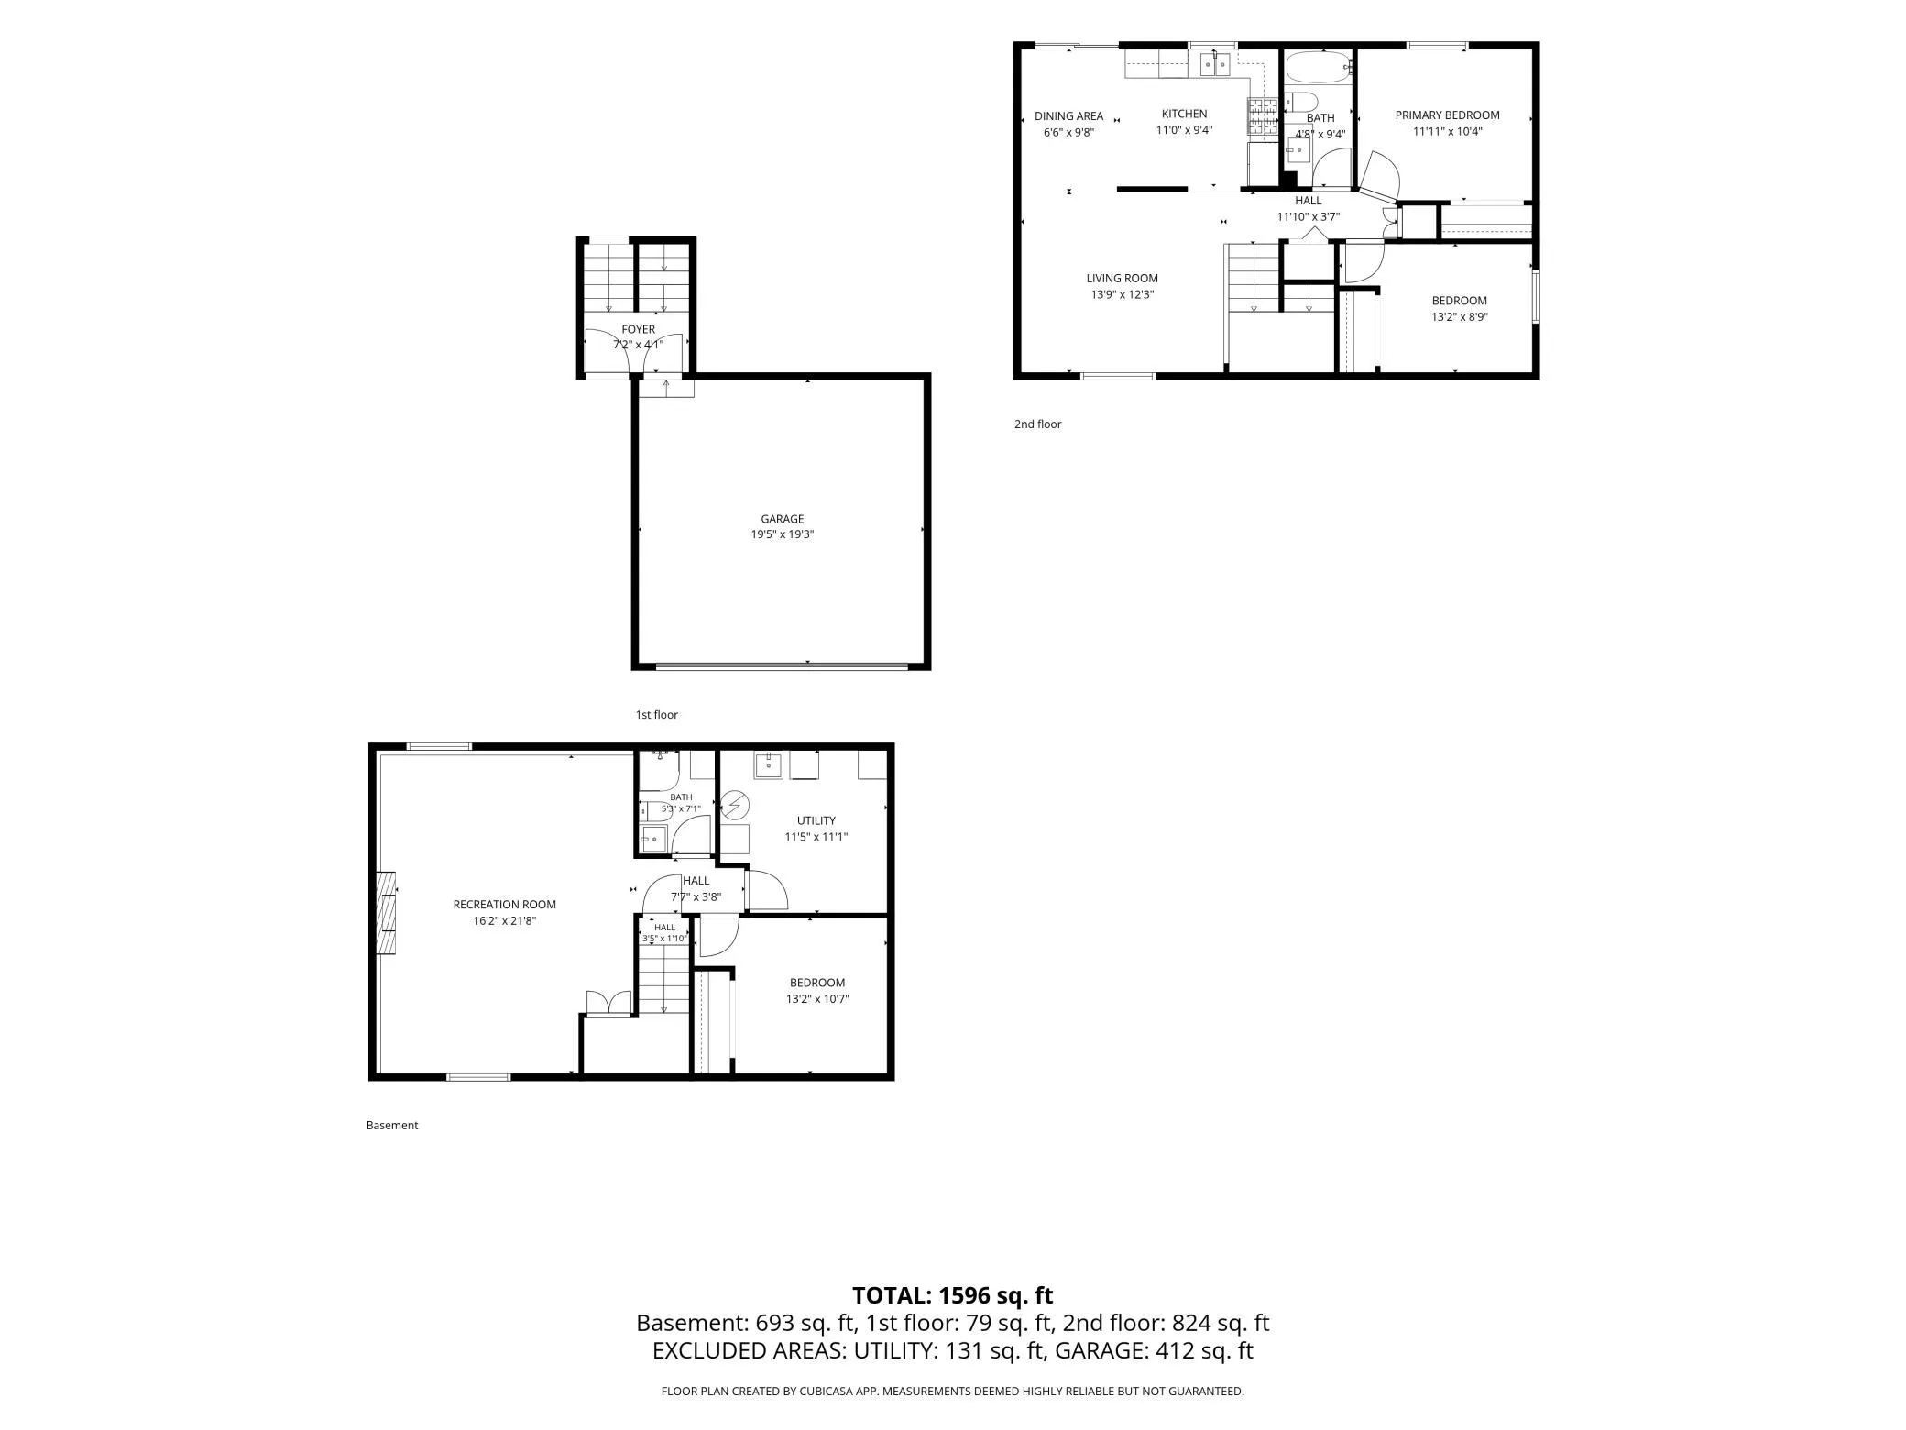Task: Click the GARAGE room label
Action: pyautogui.click(x=783, y=519)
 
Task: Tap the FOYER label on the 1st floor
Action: pyautogui.click(x=639, y=329)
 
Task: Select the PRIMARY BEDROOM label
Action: pyautogui.click(x=1448, y=115)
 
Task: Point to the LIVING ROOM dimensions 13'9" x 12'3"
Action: pyautogui.click(x=1123, y=295)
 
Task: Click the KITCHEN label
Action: pyautogui.click(x=1185, y=114)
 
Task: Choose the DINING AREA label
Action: pyautogui.click(x=1069, y=116)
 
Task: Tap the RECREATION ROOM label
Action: pyautogui.click(x=505, y=905)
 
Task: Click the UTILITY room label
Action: pyautogui.click(x=816, y=820)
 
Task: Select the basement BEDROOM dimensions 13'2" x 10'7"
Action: pyautogui.click(x=817, y=999)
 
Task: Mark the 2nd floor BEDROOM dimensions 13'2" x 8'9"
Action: pyautogui.click(x=1460, y=317)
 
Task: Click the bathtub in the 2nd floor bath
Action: pyautogui.click(x=1319, y=68)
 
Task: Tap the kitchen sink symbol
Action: pyautogui.click(x=1215, y=63)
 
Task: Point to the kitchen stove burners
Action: pyautogui.click(x=1263, y=117)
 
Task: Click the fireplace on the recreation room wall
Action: pyautogui.click(x=388, y=913)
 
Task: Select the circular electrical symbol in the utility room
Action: pyautogui.click(x=735, y=806)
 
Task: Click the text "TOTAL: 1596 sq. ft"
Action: pyautogui.click(x=953, y=1295)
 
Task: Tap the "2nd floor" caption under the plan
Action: pyautogui.click(x=1037, y=424)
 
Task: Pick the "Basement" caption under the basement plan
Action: pyautogui.click(x=392, y=1126)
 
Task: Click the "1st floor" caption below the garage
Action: pyautogui.click(x=657, y=715)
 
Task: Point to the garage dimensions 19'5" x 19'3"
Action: pyautogui.click(x=783, y=534)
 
